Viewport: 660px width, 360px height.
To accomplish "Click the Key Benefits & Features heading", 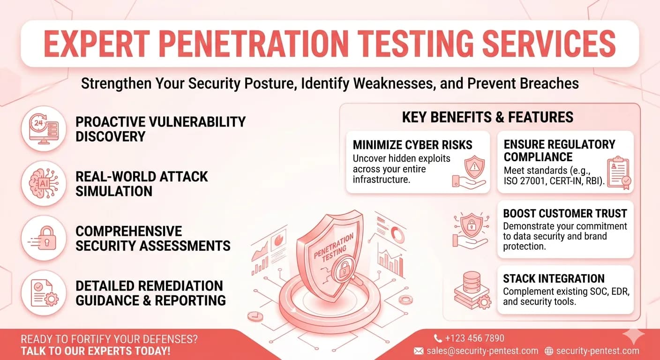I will click(x=487, y=117).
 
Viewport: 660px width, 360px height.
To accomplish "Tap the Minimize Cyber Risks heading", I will click(x=412, y=145).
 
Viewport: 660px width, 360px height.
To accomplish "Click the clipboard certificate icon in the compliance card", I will click(x=619, y=172).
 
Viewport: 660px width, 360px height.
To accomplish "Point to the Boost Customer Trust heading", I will click(x=565, y=214).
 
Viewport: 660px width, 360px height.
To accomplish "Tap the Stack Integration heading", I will click(x=554, y=278).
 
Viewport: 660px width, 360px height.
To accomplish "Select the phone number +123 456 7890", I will click(x=474, y=338).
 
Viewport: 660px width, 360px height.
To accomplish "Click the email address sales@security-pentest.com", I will click(x=482, y=351).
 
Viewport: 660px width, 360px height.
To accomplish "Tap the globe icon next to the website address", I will click(x=549, y=351).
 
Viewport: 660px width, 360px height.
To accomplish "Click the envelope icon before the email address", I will click(x=419, y=351).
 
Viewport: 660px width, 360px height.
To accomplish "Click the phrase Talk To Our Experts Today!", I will click(x=95, y=351).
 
